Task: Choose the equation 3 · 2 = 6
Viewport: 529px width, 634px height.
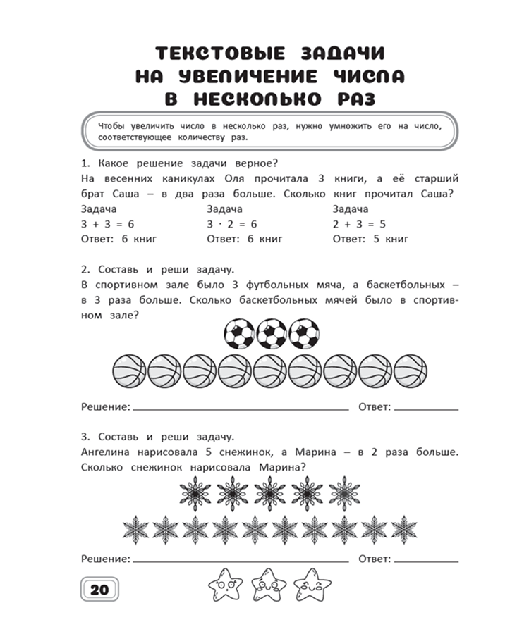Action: [x=232, y=224]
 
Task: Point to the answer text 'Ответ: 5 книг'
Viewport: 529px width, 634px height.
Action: [x=370, y=239]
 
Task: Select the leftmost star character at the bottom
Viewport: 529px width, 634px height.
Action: [x=224, y=583]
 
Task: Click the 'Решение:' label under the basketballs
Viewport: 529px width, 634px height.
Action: [x=106, y=407]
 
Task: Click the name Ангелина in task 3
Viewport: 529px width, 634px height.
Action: [x=107, y=452]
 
